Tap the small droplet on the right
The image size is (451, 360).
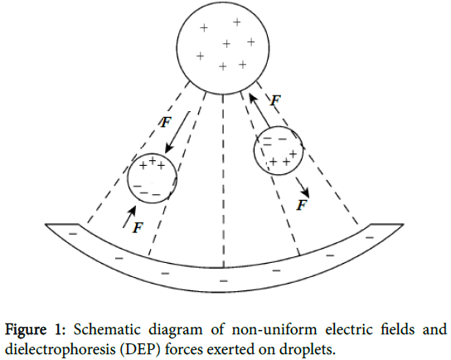279,150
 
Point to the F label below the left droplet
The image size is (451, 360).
138,227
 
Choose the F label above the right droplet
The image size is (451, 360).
277,100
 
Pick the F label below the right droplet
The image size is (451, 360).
303,202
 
